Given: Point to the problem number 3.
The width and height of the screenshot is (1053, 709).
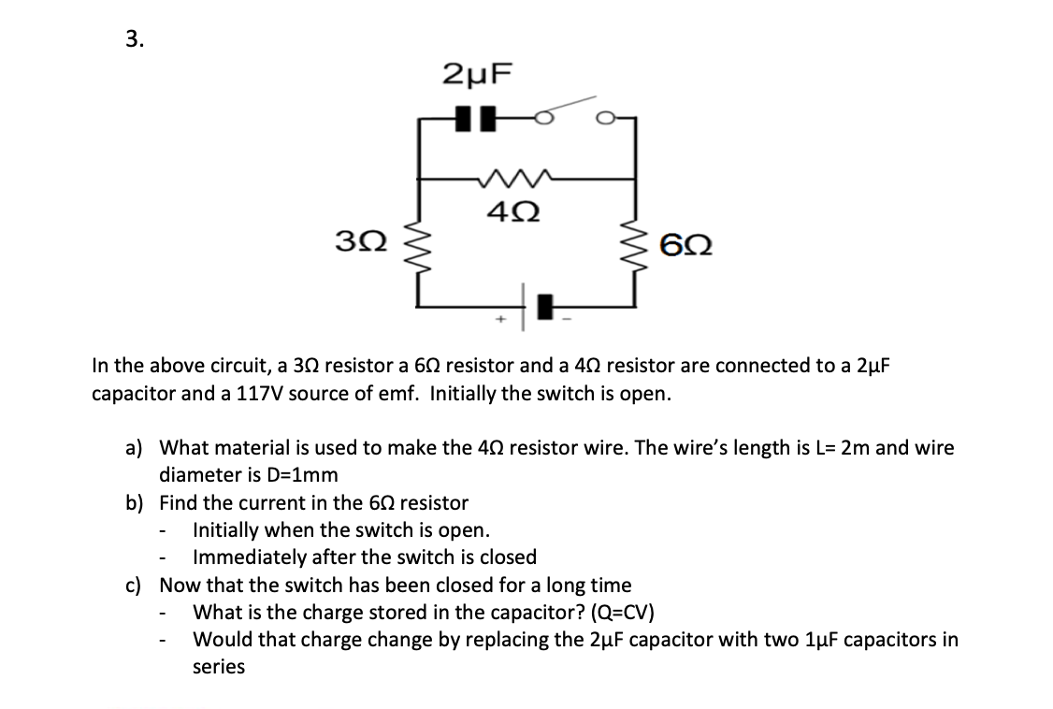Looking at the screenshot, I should click(x=134, y=38).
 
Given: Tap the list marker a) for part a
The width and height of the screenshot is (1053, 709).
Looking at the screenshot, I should click(x=136, y=448).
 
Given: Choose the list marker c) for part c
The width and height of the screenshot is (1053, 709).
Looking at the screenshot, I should click(x=136, y=586).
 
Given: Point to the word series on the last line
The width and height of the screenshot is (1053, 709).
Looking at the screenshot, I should click(x=219, y=668).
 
